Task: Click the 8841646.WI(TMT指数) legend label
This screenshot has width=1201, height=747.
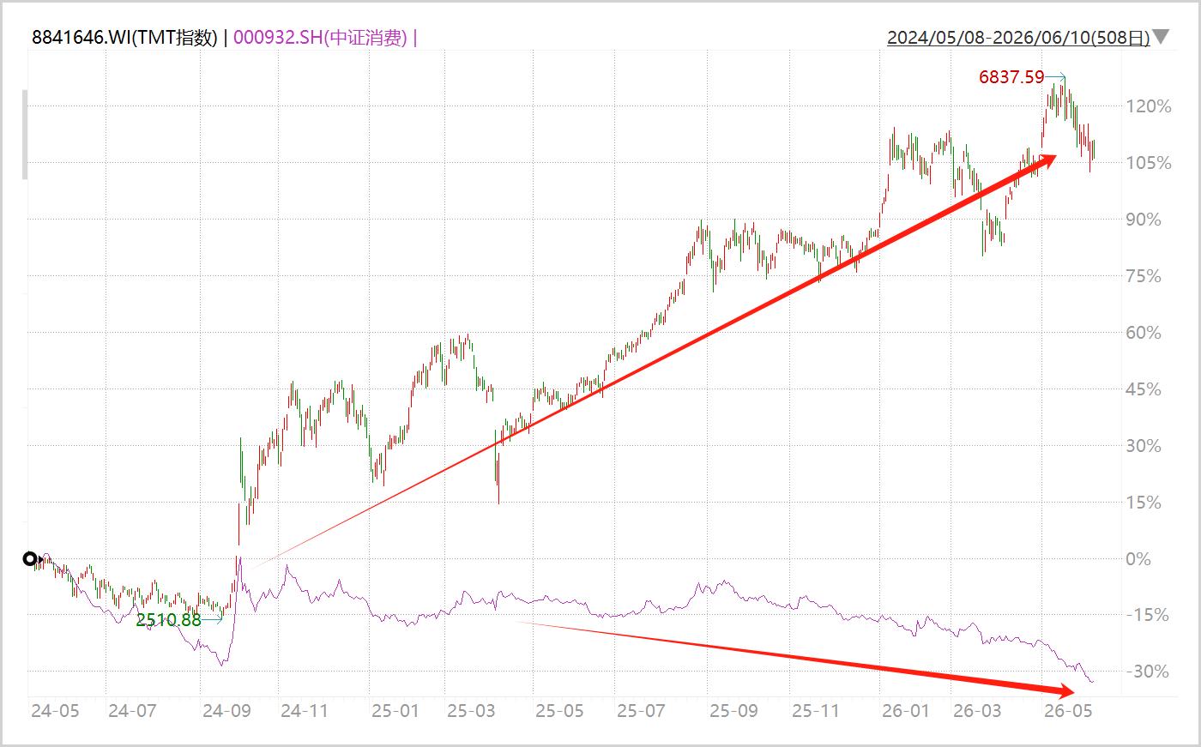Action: click(124, 38)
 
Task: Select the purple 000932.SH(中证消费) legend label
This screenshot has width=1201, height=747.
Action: click(320, 38)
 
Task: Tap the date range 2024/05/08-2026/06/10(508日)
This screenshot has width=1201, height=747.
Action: click(1018, 38)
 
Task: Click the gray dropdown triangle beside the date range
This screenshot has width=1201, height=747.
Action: click(1162, 36)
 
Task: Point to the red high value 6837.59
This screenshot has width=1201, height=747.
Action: click(1011, 77)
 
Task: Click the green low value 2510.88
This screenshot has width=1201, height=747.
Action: click(168, 620)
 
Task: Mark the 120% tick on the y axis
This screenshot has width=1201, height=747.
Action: click(1149, 106)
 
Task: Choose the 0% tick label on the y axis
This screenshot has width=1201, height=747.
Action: click(1138, 559)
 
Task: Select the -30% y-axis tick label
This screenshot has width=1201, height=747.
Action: click(1148, 672)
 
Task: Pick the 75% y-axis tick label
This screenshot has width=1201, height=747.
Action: click(1144, 276)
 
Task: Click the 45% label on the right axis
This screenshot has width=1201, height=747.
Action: click(1144, 389)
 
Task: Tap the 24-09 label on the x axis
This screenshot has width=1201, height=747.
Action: click(226, 711)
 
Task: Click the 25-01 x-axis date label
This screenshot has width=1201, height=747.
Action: click(395, 711)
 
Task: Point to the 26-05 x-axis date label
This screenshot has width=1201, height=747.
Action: click(1068, 711)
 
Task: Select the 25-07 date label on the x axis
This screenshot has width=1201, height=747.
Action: click(641, 711)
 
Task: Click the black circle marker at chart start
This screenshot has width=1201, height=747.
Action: click(29, 559)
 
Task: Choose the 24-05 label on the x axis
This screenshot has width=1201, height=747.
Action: click(55, 711)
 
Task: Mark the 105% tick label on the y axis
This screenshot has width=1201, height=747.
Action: click(1149, 163)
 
